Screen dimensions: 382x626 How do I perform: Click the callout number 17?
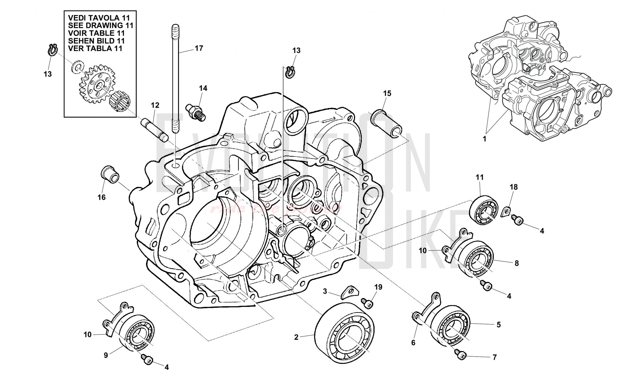pos(199,48)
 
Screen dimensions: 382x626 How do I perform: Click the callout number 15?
pos(387,93)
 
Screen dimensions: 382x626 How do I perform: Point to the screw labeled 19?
pos(367,303)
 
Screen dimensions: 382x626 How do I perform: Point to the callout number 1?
pos(485,139)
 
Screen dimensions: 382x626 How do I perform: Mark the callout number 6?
pos(413,343)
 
